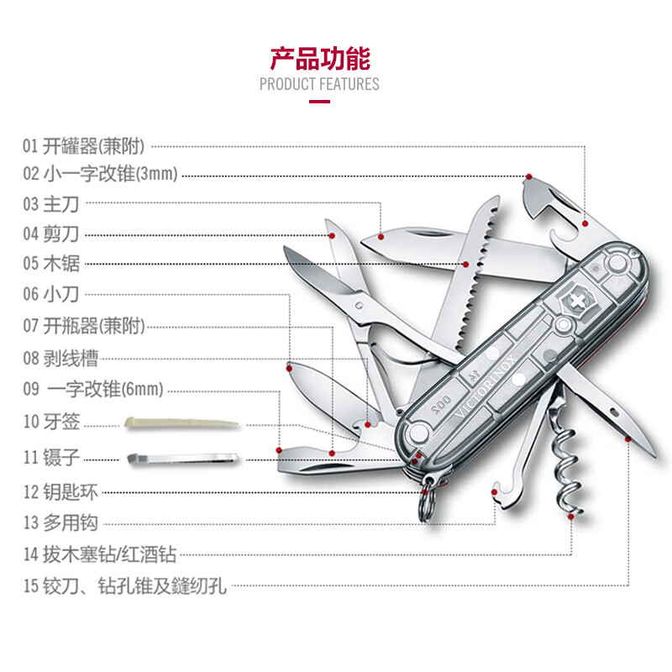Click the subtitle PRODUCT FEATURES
(x=319, y=84)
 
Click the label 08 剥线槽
(x=60, y=359)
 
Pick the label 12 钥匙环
(x=60, y=491)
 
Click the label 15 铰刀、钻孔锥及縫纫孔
(x=124, y=585)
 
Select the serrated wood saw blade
(x=466, y=277)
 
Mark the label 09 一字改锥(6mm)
(x=92, y=390)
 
